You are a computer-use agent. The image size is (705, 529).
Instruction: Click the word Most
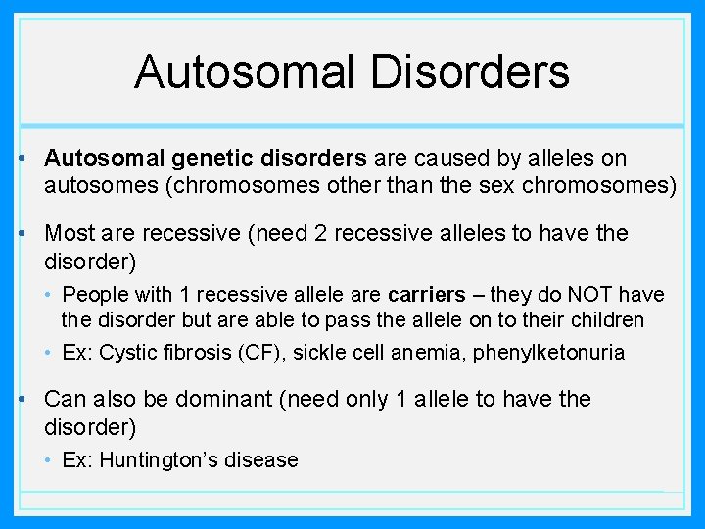pos(70,234)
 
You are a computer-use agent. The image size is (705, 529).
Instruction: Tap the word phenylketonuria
pos(548,353)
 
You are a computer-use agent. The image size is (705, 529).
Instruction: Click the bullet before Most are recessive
pos(31,234)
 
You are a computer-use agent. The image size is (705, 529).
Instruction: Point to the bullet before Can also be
pos(31,400)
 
